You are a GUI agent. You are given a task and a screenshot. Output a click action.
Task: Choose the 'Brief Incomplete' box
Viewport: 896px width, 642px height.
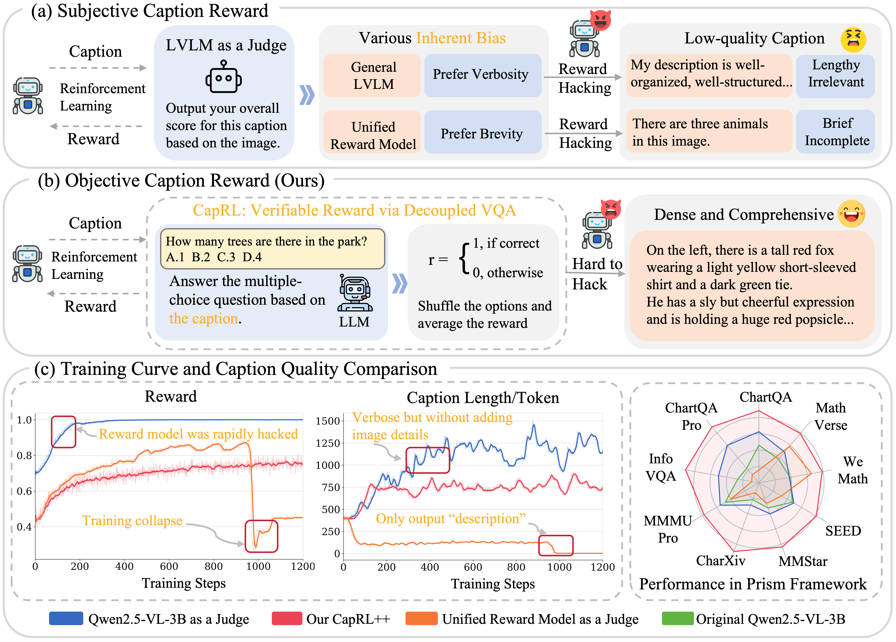click(835, 132)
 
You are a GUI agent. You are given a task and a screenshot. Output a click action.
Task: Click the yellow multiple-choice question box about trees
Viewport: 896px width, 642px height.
click(272, 249)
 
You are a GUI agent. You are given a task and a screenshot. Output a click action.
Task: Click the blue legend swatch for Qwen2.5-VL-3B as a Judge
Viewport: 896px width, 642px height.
click(66, 618)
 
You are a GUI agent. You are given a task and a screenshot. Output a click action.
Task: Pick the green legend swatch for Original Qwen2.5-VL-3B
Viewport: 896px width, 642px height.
click(678, 618)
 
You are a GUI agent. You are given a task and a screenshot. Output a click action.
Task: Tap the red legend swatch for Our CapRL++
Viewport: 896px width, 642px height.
click(287, 618)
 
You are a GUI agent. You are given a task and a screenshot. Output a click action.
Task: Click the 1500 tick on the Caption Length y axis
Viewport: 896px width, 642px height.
click(328, 421)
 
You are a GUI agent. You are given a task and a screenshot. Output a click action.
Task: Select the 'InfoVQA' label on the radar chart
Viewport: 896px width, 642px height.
click(661, 467)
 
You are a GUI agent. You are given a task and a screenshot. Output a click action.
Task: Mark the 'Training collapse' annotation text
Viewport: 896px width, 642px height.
click(132, 521)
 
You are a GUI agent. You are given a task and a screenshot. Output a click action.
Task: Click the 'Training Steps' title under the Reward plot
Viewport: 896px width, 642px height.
click(184, 583)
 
